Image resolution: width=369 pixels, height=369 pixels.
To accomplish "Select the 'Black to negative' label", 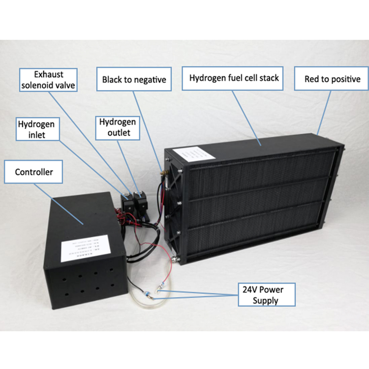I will (x=134, y=79).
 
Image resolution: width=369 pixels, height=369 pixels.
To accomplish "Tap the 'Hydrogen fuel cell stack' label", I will (x=234, y=78).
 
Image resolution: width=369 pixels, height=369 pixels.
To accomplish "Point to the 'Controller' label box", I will (x=33, y=172).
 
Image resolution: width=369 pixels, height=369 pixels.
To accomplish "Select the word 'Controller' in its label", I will (x=33, y=172).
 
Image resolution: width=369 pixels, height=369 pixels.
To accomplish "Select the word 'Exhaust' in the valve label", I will (x=48, y=75).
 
